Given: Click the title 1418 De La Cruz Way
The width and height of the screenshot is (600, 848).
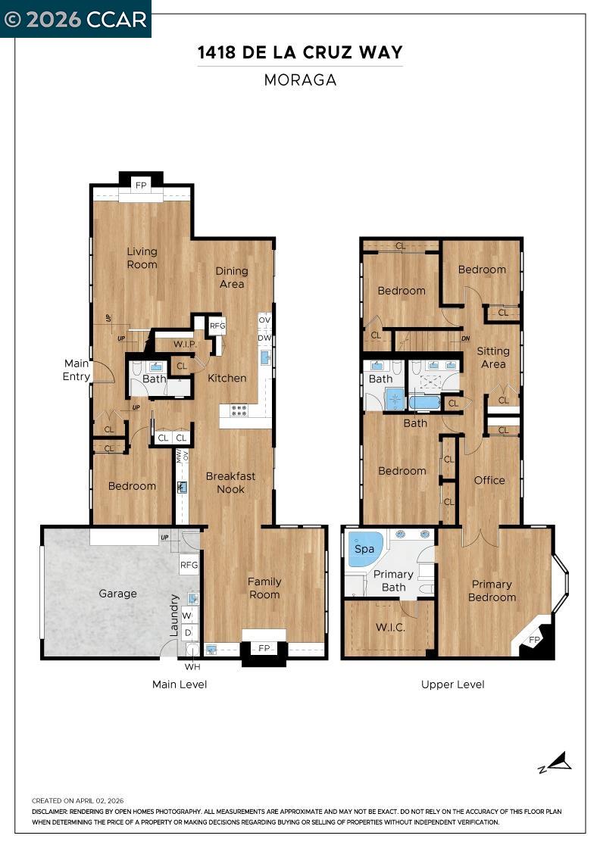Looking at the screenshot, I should (x=300, y=52).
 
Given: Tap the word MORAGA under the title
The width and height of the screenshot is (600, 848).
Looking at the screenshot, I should (x=300, y=80).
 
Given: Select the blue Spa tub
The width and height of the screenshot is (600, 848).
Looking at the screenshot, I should (x=365, y=550).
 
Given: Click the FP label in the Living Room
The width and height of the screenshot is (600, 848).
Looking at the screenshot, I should (x=141, y=185).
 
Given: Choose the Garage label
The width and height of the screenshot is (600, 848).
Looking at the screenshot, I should (x=117, y=594).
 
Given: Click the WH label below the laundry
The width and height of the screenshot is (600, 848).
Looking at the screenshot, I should (x=192, y=667).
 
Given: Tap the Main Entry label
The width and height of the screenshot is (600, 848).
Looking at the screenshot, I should (x=76, y=369).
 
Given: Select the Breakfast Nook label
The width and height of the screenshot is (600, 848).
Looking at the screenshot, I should (x=230, y=482).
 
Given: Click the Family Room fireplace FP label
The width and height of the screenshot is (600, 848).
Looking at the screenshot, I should (x=264, y=649).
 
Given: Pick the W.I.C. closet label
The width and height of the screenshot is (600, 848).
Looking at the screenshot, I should (x=389, y=628).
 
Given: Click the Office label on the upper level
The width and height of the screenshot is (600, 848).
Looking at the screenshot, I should (x=489, y=480).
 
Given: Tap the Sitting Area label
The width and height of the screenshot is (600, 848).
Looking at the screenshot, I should (x=492, y=357).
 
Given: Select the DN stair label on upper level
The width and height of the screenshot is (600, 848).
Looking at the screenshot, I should (x=466, y=338).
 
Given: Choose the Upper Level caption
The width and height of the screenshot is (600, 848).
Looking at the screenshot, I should (x=452, y=684).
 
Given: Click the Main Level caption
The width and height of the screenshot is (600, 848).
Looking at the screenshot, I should (x=180, y=684).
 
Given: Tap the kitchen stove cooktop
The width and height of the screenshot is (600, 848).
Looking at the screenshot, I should (x=239, y=410).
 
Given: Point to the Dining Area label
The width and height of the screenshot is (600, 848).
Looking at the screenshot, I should (x=232, y=277).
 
